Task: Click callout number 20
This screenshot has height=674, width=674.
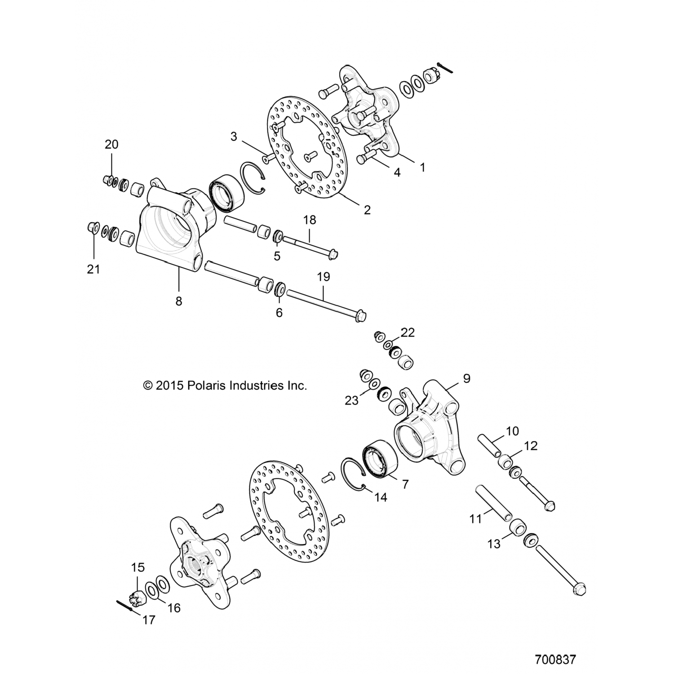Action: [111, 144]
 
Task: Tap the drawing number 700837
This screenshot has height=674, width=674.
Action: [555, 660]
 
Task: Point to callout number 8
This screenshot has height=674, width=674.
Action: [179, 301]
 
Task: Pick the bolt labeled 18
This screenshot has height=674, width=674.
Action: [310, 245]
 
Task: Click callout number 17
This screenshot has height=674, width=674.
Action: [149, 620]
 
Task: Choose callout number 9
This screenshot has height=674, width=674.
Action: [466, 378]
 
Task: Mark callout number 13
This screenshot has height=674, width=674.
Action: [494, 544]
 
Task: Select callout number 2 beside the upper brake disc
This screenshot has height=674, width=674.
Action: [367, 210]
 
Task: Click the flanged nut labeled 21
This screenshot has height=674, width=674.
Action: [92, 227]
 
